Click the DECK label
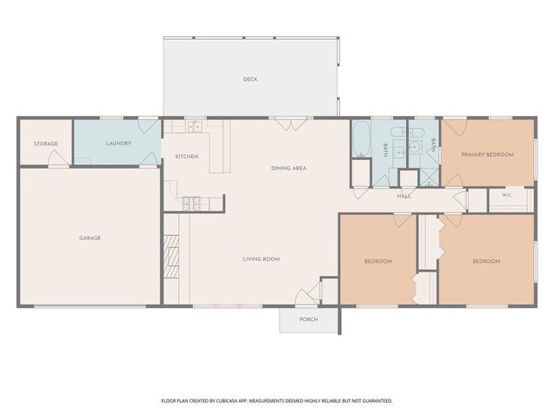[x=250, y=80]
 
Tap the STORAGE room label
[x=46, y=144]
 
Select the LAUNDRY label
[x=119, y=144]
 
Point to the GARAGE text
[x=90, y=239]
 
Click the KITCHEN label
[x=187, y=156]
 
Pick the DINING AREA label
[x=288, y=169]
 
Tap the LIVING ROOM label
[x=261, y=259]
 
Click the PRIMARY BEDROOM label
[x=487, y=155]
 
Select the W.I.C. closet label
[x=506, y=195]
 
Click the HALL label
[x=404, y=196]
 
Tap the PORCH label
[x=308, y=319]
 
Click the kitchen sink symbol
[x=195, y=126]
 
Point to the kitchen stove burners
[x=191, y=204]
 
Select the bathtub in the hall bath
[x=361, y=139]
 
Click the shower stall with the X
[x=429, y=177]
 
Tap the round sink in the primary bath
[x=415, y=148]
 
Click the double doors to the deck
[x=291, y=124]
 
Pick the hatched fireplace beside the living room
[x=171, y=257]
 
